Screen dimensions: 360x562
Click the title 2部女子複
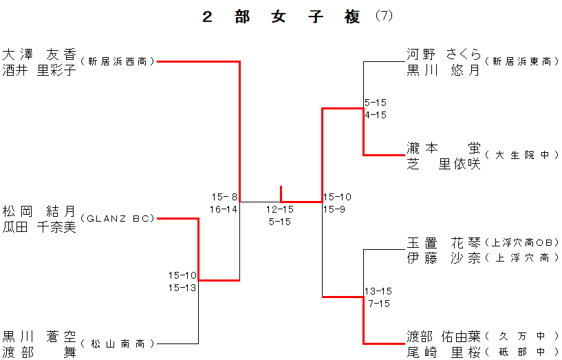tap(281, 18)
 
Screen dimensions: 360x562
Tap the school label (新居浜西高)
tap(118, 62)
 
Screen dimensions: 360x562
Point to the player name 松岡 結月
tap(39, 211)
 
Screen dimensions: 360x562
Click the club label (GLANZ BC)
tap(118, 219)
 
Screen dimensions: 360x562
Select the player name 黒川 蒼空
tap(39, 335)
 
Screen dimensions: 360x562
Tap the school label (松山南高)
tap(118, 343)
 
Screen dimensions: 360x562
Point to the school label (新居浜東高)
tap(521, 62)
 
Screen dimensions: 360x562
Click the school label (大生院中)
tap(521, 156)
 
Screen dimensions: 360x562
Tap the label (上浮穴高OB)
tap(521, 243)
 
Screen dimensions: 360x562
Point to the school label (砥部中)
tap(521, 352)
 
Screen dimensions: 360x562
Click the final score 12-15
tap(281, 209)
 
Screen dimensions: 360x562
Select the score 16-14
tap(224, 209)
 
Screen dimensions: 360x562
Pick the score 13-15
tap(379, 291)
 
